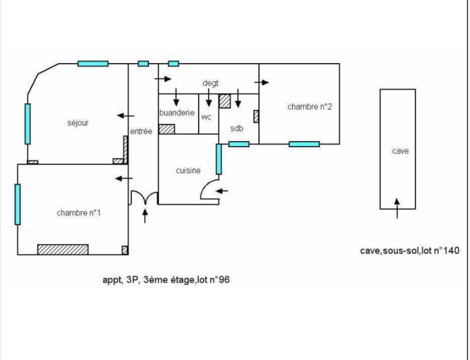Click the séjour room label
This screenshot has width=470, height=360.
tap(78, 123)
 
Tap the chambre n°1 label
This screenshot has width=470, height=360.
tap(79, 213)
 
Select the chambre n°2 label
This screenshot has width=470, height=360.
tap(310, 107)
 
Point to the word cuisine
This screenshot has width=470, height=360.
tap(188, 170)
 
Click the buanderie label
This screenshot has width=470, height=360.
tap(177, 113)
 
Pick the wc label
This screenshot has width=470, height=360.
tap(206, 117)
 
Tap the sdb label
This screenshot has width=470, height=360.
tap(237, 128)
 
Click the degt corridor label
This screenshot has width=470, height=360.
tap(211, 83)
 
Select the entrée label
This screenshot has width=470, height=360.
tap(141, 131)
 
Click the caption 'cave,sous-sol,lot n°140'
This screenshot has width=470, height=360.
tap(410, 251)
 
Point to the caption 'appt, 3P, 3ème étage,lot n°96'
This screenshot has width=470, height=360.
tap(166, 280)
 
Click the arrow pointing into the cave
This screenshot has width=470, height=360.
tap(397, 208)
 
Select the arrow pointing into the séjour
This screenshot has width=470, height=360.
tap(126, 116)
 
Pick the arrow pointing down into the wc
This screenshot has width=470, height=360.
tap(209, 97)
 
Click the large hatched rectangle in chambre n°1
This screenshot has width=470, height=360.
tap(63, 250)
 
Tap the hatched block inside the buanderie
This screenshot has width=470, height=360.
tap(166, 129)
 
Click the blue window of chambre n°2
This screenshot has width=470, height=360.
tap(304, 144)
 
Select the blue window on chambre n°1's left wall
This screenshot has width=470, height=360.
tap(18, 204)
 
